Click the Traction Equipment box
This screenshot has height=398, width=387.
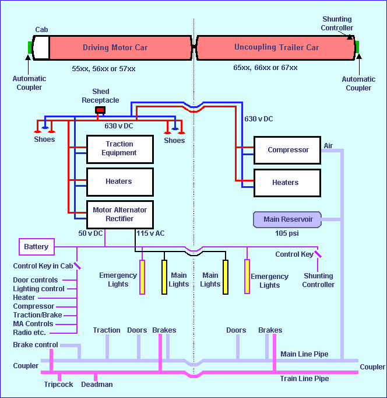pyautogui.click(x=119, y=149)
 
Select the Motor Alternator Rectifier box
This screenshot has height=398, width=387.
pyautogui.click(x=119, y=214)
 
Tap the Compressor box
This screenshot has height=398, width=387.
pyautogui.click(x=287, y=150)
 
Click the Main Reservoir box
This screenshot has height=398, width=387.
pyautogui.click(x=288, y=220)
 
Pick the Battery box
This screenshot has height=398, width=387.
pyautogui.click(x=36, y=247)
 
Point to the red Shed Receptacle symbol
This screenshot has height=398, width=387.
pyautogui.click(x=100, y=110)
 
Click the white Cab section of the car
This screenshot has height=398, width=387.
pyautogui.click(x=41, y=47)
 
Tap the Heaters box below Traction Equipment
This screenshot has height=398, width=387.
pyautogui.click(x=119, y=181)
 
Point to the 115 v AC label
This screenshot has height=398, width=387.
pyautogui.click(x=150, y=233)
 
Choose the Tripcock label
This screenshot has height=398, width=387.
pyautogui.click(x=58, y=385)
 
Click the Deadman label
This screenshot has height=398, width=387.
pyautogui.click(x=97, y=385)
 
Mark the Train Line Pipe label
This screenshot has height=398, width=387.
pyautogui.click(x=304, y=379)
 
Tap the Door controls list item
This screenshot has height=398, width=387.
pyautogui.click(x=36, y=280)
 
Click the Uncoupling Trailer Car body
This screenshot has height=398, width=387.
pyautogui.click(x=276, y=47)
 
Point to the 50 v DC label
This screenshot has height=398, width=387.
pyautogui.click(x=91, y=233)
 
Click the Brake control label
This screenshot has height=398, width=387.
pyautogui.click(x=36, y=345)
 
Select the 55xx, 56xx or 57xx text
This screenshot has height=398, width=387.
pyautogui.click(x=104, y=69)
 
